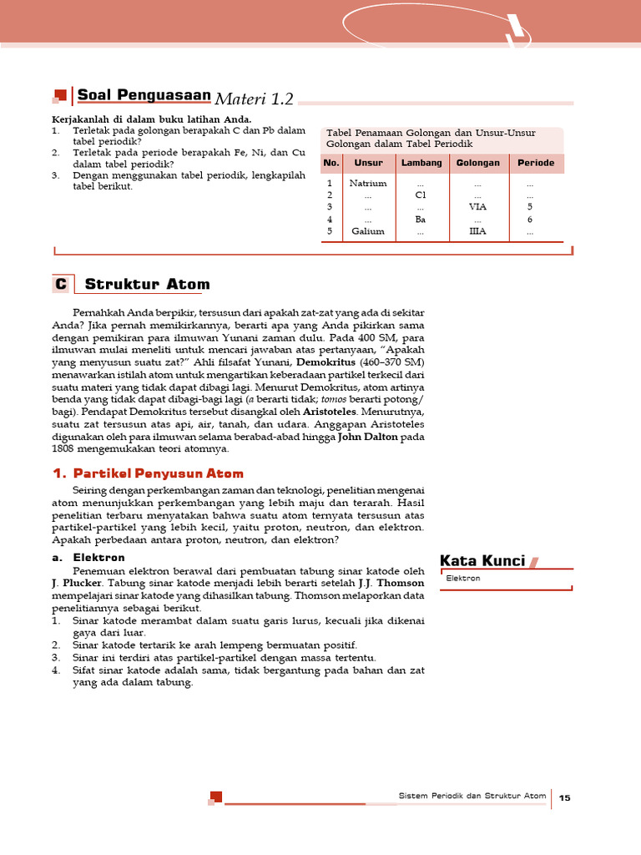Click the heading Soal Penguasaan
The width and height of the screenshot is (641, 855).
pos(144,96)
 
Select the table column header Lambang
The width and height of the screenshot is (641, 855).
pos(421,163)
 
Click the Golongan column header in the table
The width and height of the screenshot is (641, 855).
pos(477,163)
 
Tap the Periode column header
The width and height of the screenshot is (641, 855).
pos(536,163)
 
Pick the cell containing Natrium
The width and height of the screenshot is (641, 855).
pos(368,183)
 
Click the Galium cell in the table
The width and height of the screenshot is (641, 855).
pos(368,231)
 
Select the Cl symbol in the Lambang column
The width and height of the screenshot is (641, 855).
pos(421,195)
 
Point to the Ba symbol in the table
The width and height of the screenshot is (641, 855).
pos(421,219)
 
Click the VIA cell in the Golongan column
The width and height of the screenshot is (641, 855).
pos(477,206)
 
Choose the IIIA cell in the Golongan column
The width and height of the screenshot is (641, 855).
pos(477,231)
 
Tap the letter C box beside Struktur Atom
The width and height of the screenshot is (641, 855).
pos(61,285)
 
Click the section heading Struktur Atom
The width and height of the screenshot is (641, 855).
pos(148,285)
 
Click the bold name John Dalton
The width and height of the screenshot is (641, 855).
pos(367,437)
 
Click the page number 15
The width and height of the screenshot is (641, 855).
pos(565,798)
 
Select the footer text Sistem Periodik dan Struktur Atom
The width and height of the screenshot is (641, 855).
pos(472,796)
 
